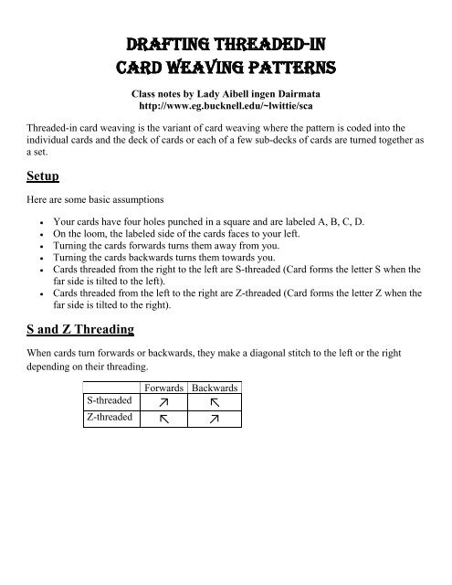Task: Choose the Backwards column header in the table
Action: pos(215,388)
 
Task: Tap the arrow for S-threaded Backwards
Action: pos(215,402)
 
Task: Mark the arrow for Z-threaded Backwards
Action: pos(215,419)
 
